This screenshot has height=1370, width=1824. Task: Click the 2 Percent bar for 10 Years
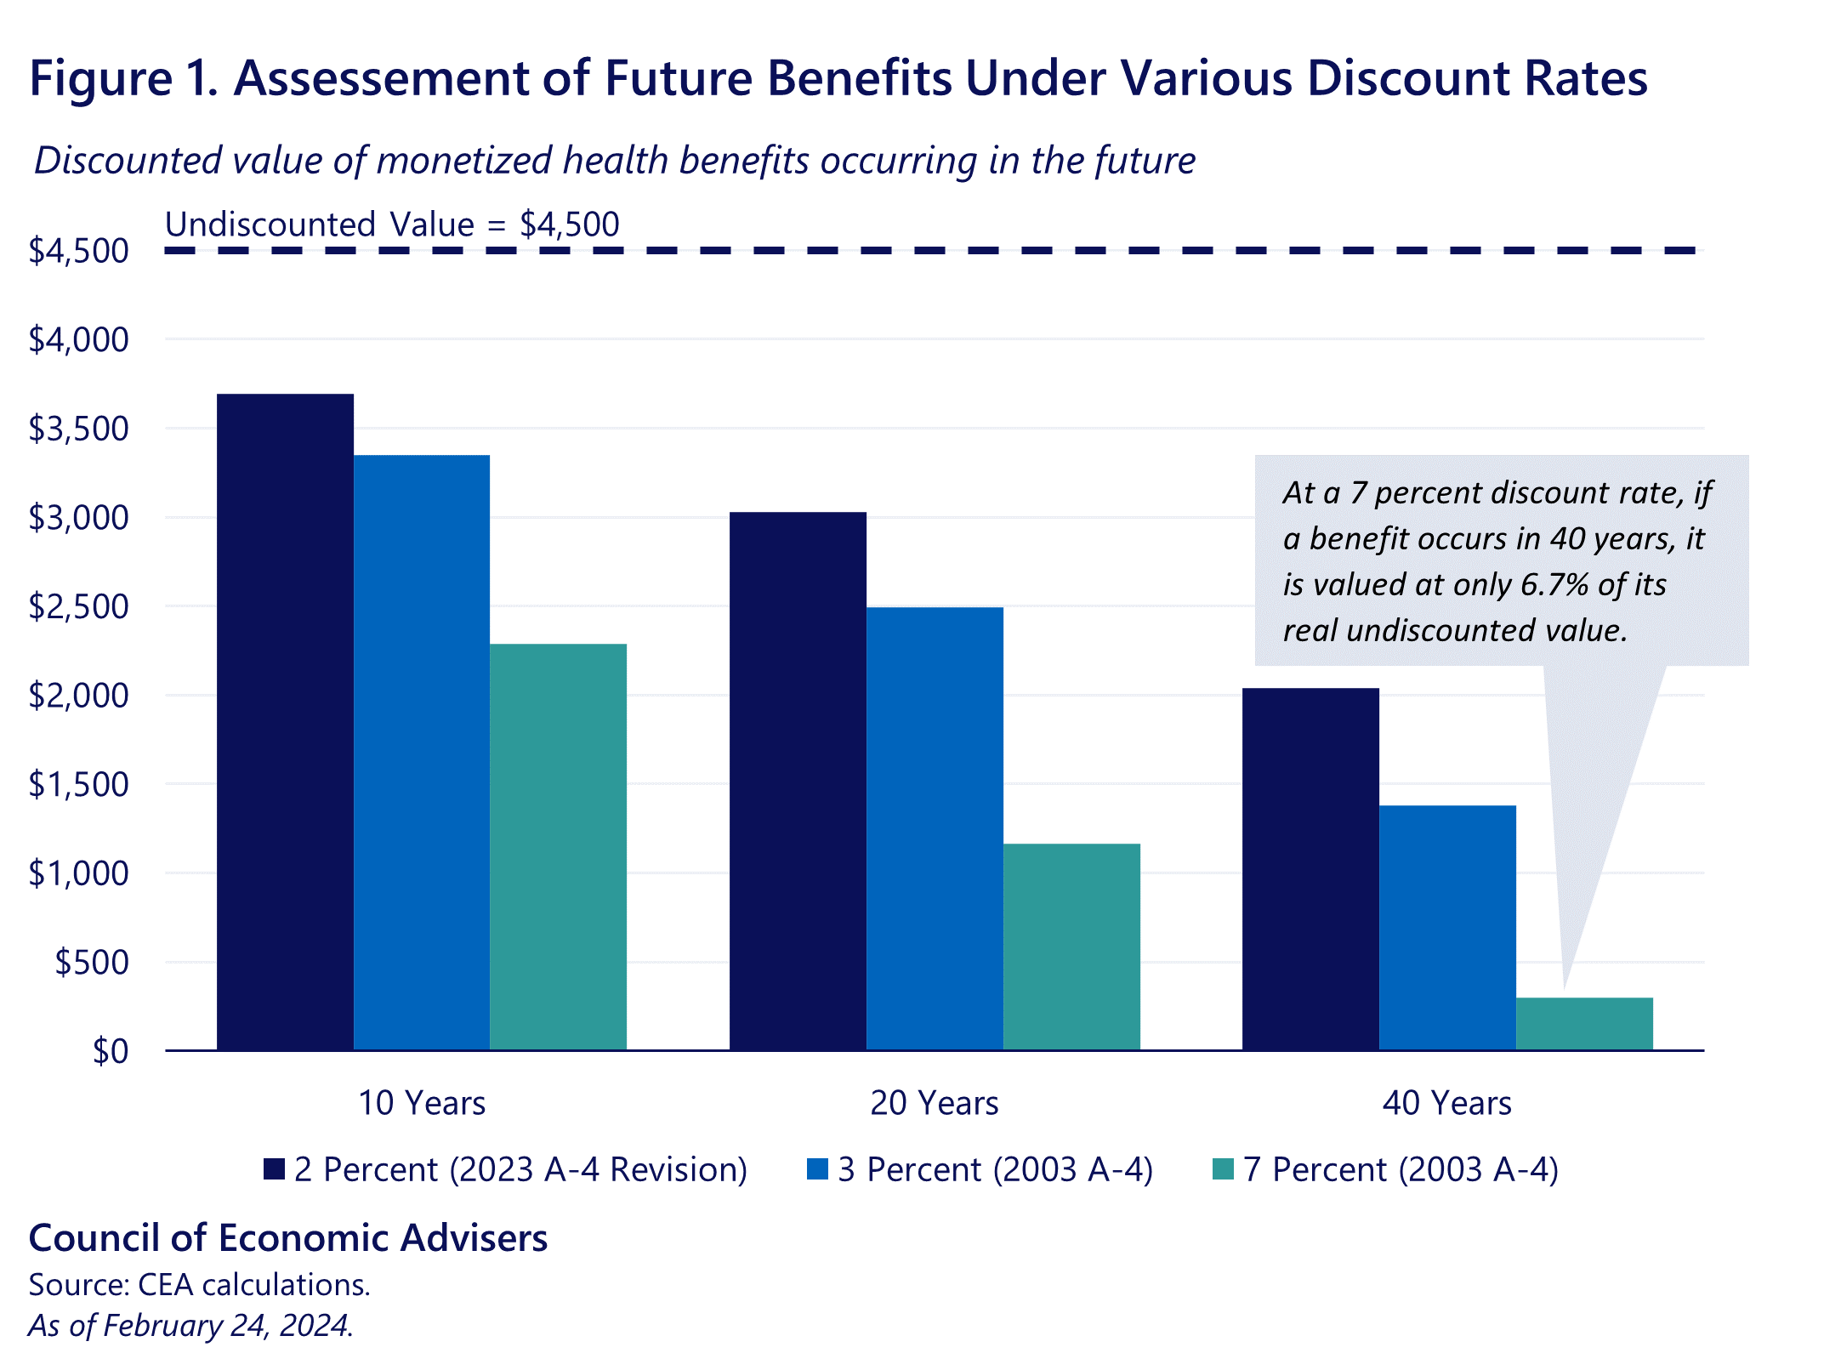click(x=285, y=723)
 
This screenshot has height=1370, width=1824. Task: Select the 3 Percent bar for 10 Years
click(x=422, y=753)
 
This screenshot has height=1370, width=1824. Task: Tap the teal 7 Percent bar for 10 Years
click(x=558, y=847)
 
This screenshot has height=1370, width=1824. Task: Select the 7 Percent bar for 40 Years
click(x=1584, y=1024)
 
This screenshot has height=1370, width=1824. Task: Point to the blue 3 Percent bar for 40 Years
click(x=1447, y=927)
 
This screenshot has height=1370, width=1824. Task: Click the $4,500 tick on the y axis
click(x=78, y=251)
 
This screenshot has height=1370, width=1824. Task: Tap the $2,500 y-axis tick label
click(x=78, y=606)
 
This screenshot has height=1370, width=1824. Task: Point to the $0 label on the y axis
click(x=111, y=1052)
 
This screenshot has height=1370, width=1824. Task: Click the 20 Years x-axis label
click(x=934, y=1103)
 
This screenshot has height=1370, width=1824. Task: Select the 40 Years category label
click(x=1446, y=1103)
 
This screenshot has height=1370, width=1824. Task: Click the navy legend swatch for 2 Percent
click(x=274, y=1169)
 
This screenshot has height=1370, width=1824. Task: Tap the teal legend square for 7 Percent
click(x=1223, y=1169)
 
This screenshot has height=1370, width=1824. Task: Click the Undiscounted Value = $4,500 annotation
click(x=392, y=225)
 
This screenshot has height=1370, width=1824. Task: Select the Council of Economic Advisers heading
click(x=287, y=1238)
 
